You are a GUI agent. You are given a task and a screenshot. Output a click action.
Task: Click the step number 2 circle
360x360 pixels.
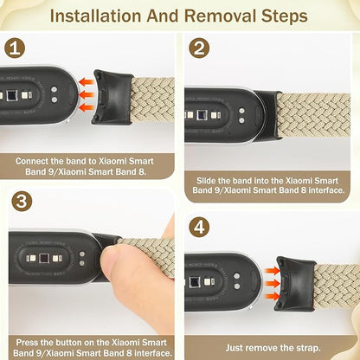[x=200, y=49]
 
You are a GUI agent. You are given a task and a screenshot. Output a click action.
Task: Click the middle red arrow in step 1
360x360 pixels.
[x=86, y=96]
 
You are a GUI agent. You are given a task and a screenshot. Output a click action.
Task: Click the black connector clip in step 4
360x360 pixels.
[x=293, y=282]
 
